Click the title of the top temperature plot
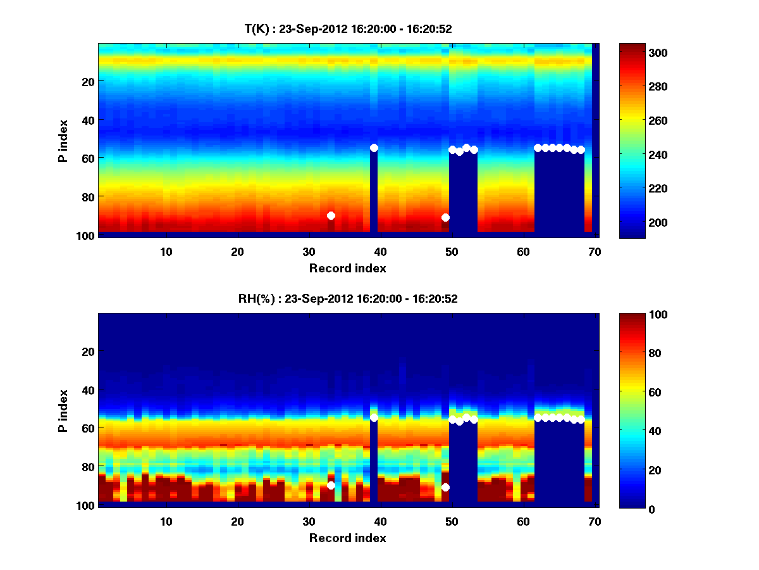pyautogui.click(x=348, y=28)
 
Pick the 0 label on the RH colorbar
pyautogui.click(x=630, y=509)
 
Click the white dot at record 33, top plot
pyautogui.click(x=331, y=215)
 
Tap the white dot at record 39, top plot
pyautogui.click(x=374, y=148)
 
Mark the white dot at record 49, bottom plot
pyautogui.click(x=445, y=487)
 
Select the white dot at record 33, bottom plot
pyautogui.click(x=331, y=485)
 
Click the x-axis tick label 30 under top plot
pyautogui.click(x=309, y=251)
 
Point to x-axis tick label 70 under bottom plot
pyautogui.click(x=595, y=521)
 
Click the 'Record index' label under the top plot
pyautogui.click(x=347, y=268)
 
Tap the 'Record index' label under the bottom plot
pyautogui.click(x=347, y=538)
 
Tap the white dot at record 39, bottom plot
pyautogui.click(x=374, y=417)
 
